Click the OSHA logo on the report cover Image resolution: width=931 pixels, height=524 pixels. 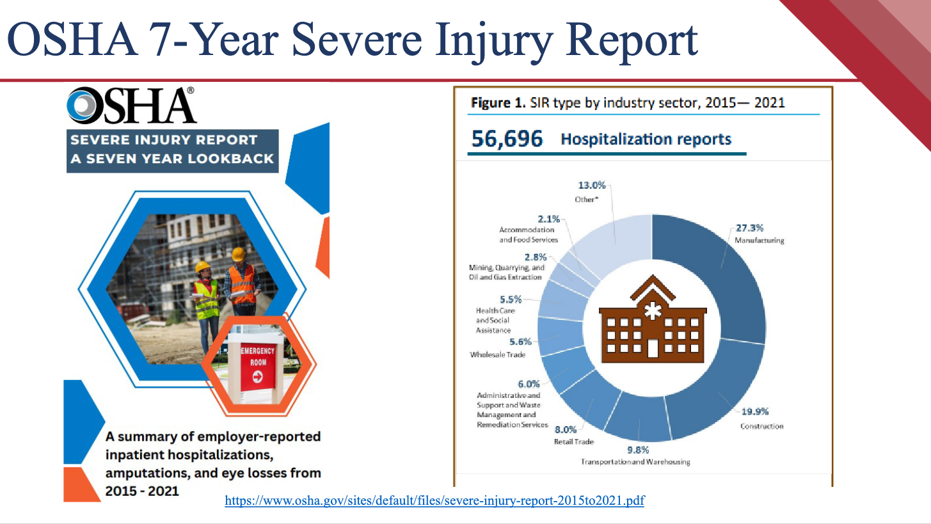pyautogui.click(x=131, y=106)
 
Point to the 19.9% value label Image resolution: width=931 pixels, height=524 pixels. pyautogui.click(x=755, y=412)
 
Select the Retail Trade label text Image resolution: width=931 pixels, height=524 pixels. pyautogui.click(x=574, y=442)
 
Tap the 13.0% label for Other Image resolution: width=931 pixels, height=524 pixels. pyautogui.click(x=592, y=186)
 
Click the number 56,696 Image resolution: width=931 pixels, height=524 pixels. pyautogui.click(x=507, y=139)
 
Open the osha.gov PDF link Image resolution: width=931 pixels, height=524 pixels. pyautogui.click(x=434, y=501)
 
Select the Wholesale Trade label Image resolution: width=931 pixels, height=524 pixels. pyautogui.click(x=497, y=354)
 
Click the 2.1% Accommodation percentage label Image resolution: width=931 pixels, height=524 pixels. pyautogui.click(x=550, y=219)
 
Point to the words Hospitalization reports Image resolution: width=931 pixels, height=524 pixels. pyautogui.click(x=646, y=139)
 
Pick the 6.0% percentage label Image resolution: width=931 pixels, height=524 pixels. pyautogui.click(x=529, y=384)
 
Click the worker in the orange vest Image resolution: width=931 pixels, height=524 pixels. pyautogui.click(x=241, y=282)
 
